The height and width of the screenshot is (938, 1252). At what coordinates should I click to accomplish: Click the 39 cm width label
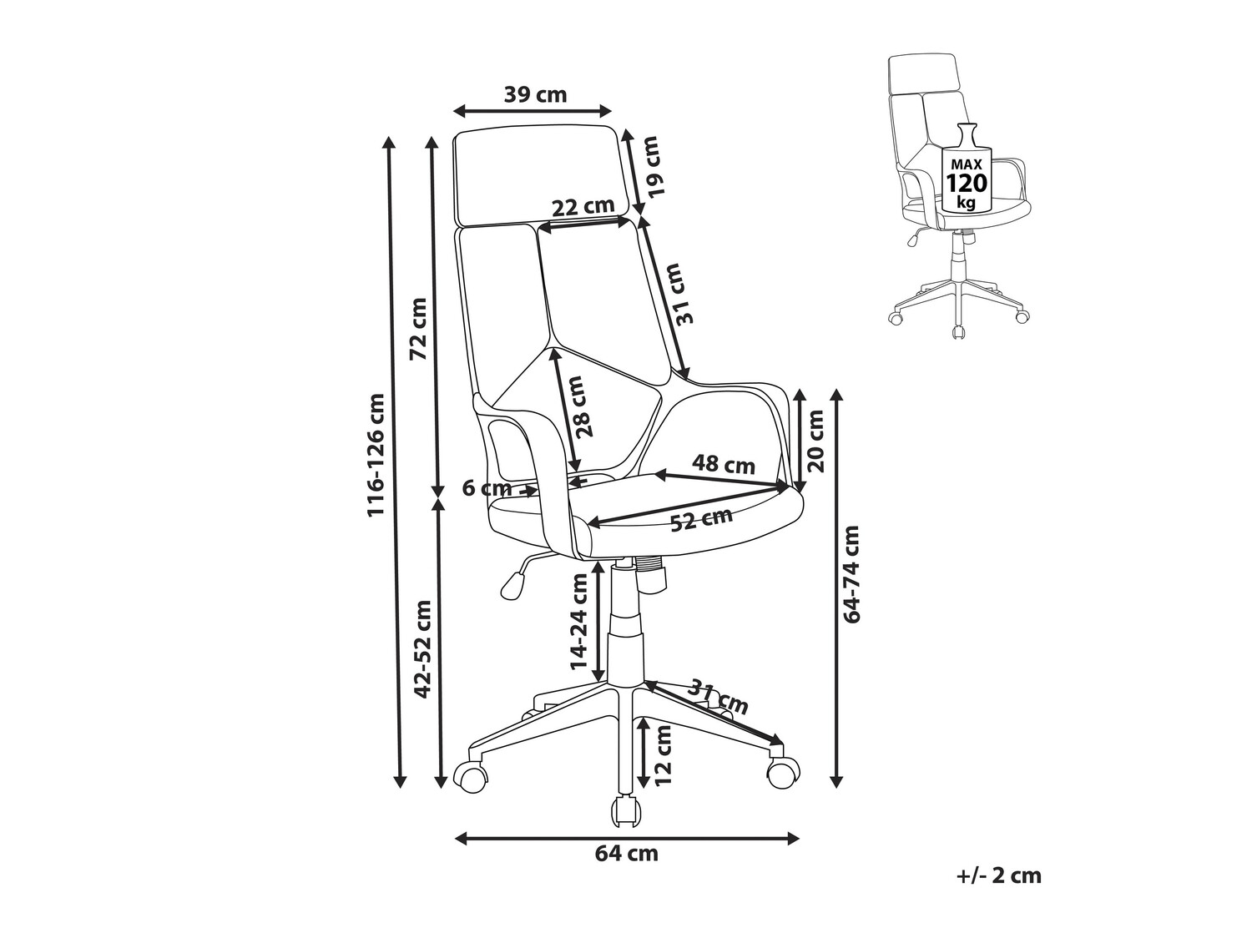point(535,94)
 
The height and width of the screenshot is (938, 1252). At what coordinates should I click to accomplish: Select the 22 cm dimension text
point(583,205)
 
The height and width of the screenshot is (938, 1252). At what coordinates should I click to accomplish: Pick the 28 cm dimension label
point(581,406)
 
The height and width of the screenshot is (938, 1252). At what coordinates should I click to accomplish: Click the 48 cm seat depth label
point(724,464)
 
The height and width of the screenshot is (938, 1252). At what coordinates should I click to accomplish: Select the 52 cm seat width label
point(701,520)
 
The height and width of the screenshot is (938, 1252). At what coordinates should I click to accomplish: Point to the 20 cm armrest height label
point(815,441)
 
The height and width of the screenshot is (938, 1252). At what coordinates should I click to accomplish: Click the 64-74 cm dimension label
point(851,573)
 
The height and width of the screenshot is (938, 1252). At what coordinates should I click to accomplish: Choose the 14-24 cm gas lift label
point(578,622)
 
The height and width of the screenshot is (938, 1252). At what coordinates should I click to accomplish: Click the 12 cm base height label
point(664,754)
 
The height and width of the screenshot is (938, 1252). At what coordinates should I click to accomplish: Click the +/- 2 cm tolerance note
point(999,875)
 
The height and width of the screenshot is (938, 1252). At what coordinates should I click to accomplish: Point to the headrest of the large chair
point(537,175)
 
